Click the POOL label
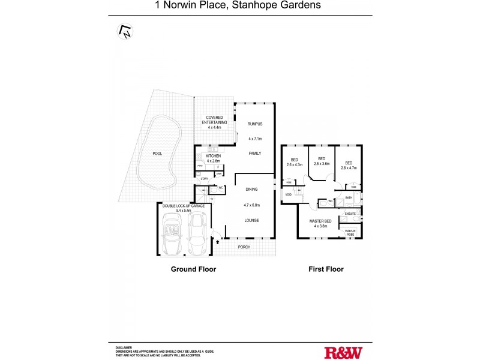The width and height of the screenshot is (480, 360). click(157, 154)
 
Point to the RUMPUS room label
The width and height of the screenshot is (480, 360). click(256, 124)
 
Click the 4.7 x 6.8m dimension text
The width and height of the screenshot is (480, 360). click(251, 205)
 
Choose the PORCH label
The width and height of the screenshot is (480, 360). click(244, 247)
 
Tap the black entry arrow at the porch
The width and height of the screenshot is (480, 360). click(217, 242)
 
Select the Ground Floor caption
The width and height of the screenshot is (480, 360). click(193, 269)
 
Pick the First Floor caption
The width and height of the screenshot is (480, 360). click(326, 269)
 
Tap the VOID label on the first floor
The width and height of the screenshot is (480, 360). click(288, 195)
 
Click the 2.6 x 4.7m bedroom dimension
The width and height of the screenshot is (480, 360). click(349, 168)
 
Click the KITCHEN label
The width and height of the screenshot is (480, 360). click(214, 156)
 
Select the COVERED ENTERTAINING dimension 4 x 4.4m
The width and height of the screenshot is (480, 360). click(214, 127)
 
